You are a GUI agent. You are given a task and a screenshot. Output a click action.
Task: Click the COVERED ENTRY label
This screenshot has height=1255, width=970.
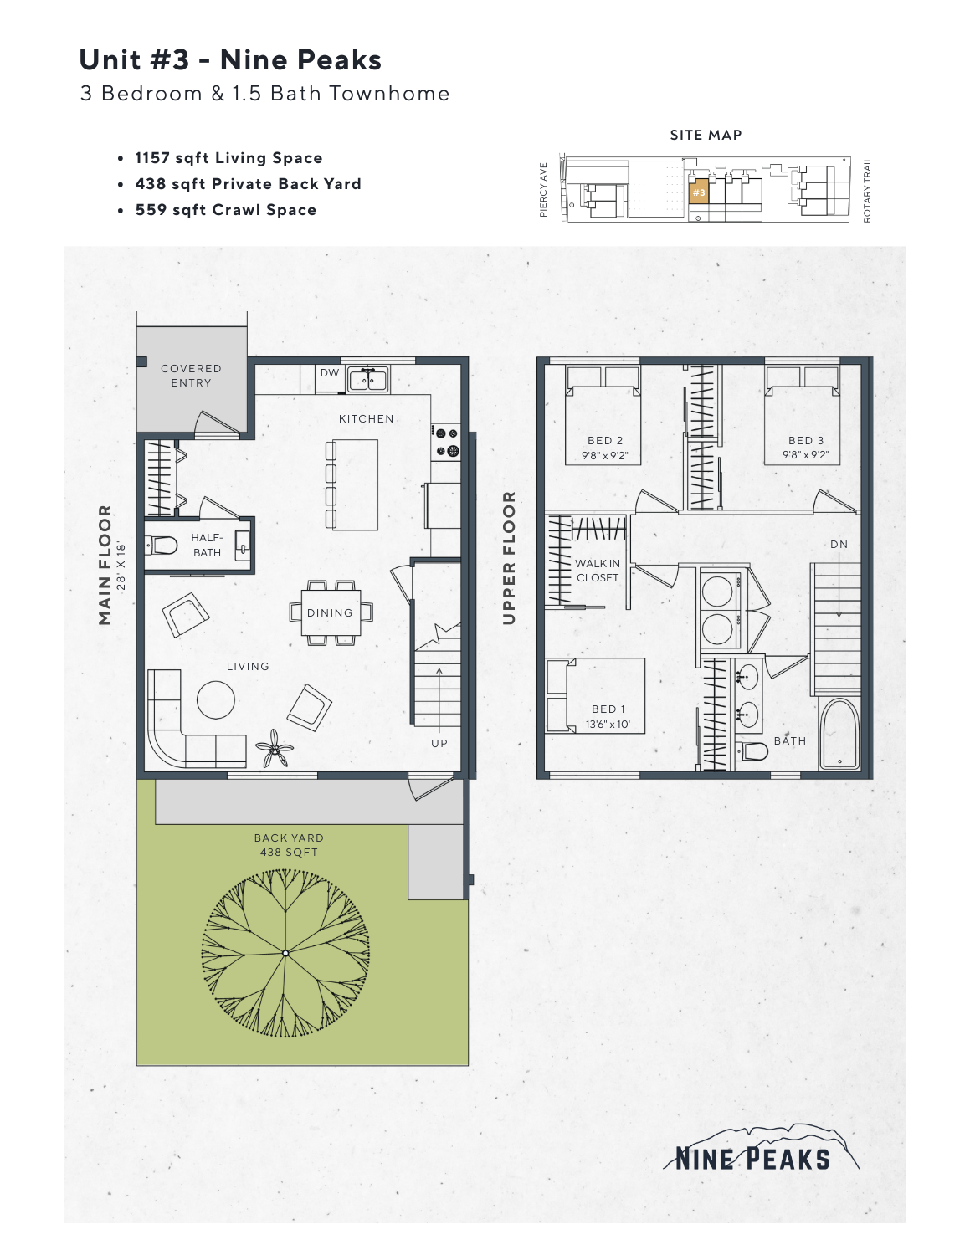(x=191, y=376)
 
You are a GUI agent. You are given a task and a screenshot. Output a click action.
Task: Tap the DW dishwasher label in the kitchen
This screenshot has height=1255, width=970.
(x=330, y=373)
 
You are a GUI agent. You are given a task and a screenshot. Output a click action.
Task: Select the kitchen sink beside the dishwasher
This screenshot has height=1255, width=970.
(x=367, y=380)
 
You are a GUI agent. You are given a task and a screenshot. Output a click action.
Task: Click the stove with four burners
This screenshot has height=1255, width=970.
(x=446, y=442)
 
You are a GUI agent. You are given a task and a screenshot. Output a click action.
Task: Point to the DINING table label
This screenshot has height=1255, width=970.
(x=330, y=613)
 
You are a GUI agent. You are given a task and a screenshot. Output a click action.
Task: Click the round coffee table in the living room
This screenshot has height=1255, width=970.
(x=216, y=699)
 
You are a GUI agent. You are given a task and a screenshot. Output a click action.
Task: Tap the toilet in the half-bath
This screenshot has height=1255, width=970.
(x=162, y=546)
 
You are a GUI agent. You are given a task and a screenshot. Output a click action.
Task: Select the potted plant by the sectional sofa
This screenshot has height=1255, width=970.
(x=275, y=747)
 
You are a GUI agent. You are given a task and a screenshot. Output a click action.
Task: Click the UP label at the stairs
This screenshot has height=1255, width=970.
(x=439, y=743)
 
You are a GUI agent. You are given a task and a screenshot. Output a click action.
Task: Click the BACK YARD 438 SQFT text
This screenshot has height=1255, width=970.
(x=289, y=845)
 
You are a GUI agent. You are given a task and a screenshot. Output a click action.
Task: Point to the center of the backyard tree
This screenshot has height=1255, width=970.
(x=285, y=953)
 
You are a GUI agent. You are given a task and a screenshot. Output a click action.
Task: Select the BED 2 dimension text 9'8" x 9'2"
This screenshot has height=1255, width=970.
(x=604, y=456)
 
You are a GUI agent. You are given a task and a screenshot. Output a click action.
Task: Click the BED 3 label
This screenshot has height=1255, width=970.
(x=805, y=441)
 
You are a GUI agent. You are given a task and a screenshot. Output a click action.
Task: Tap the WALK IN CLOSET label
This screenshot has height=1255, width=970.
(x=598, y=571)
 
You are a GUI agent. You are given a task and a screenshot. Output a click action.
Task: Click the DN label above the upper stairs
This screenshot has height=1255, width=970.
(x=839, y=545)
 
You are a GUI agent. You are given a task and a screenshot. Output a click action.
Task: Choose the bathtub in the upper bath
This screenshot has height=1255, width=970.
(x=839, y=735)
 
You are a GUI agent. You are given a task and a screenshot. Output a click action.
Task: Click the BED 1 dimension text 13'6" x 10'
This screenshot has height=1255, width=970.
(x=608, y=725)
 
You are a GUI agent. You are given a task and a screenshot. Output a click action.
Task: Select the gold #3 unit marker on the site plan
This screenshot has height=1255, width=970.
(x=699, y=192)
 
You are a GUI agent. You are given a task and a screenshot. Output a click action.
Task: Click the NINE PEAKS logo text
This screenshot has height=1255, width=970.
(x=752, y=1159)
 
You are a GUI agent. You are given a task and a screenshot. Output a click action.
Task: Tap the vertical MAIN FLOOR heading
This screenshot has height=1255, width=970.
(x=105, y=565)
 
